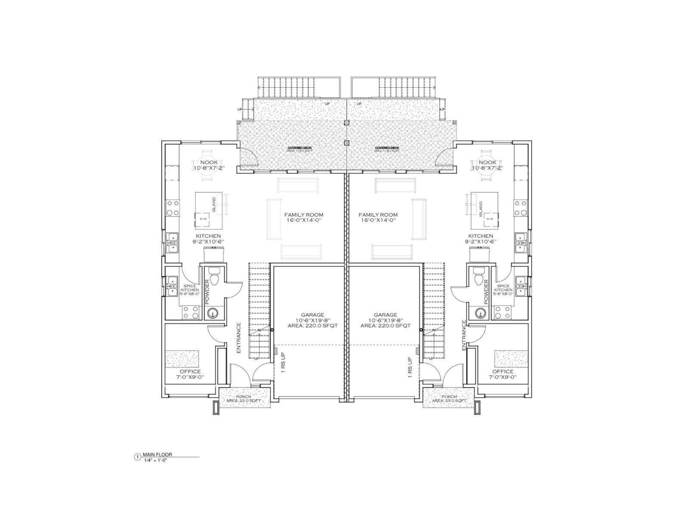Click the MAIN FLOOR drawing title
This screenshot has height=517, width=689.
154,455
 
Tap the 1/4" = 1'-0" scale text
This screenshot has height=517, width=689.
155,460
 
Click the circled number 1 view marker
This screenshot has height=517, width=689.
137,457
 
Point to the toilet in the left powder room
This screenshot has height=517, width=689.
214,278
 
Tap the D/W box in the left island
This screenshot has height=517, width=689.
203,219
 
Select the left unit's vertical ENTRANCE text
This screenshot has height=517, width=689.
239,338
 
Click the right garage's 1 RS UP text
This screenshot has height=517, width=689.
410,367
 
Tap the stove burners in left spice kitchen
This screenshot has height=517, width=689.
190,312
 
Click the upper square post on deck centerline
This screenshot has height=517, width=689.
346,122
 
